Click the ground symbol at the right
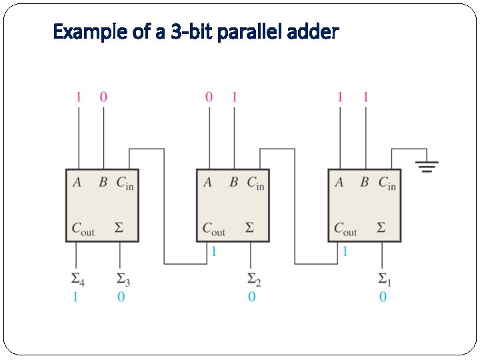(x=427, y=166)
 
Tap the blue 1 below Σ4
(x=75, y=297)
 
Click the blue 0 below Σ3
(x=121, y=297)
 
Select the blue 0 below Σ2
(x=251, y=297)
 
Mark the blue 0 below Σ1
(x=383, y=297)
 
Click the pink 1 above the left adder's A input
(x=78, y=97)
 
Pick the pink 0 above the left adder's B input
(x=103, y=97)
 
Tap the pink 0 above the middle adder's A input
(x=209, y=97)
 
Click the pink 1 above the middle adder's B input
(x=234, y=97)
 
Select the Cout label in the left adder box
(x=83, y=229)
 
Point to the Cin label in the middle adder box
(x=255, y=183)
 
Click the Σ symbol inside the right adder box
(x=381, y=228)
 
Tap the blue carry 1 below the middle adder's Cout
(x=213, y=251)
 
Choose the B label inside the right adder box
(x=364, y=182)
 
